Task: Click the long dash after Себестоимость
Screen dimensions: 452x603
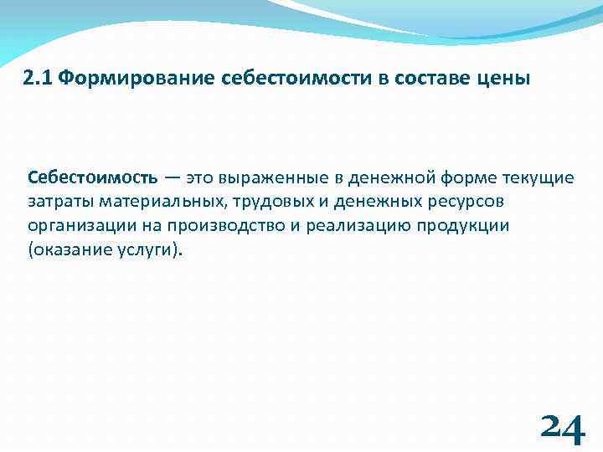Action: click(171, 178)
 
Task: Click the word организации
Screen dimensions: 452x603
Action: click(79, 227)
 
